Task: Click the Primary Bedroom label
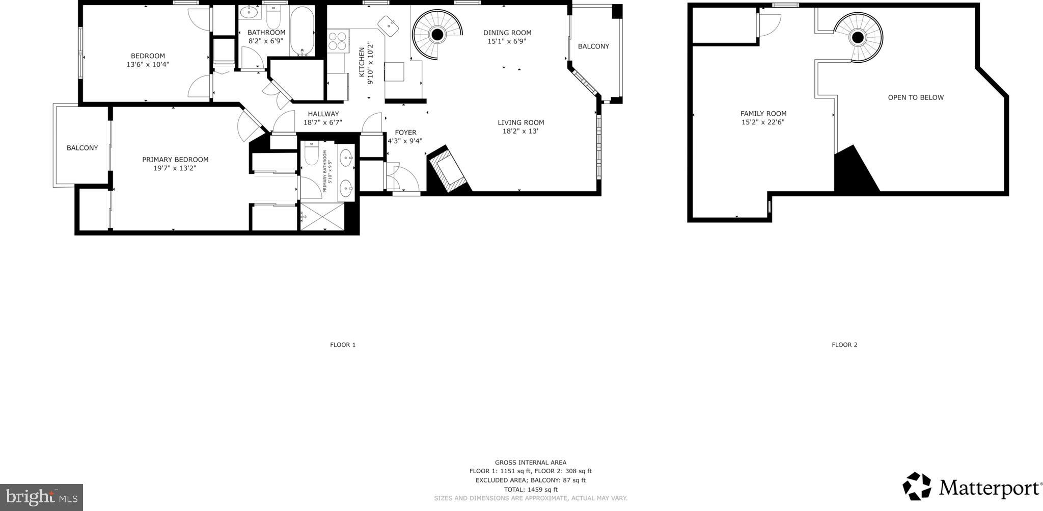pyautogui.click(x=175, y=160)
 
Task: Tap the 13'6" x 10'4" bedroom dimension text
pyautogui.click(x=148, y=65)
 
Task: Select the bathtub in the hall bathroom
pyautogui.click(x=303, y=32)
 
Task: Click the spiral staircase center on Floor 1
pyautogui.click(x=436, y=35)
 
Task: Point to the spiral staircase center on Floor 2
pyautogui.click(x=858, y=37)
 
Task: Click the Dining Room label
pyautogui.click(x=507, y=33)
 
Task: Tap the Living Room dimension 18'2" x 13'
pyautogui.click(x=520, y=131)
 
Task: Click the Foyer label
pyautogui.click(x=405, y=133)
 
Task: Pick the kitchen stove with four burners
pyautogui.click(x=337, y=41)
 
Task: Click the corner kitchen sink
pyautogui.click(x=389, y=25)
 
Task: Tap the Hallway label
pyautogui.click(x=323, y=114)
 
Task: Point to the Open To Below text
pyautogui.click(x=916, y=97)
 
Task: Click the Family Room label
pyautogui.click(x=763, y=114)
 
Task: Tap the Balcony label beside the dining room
pyautogui.click(x=593, y=46)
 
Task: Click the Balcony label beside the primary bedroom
pyautogui.click(x=82, y=148)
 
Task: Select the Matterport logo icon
pyautogui.click(x=917, y=486)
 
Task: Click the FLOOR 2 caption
pyautogui.click(x=844, y=345)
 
